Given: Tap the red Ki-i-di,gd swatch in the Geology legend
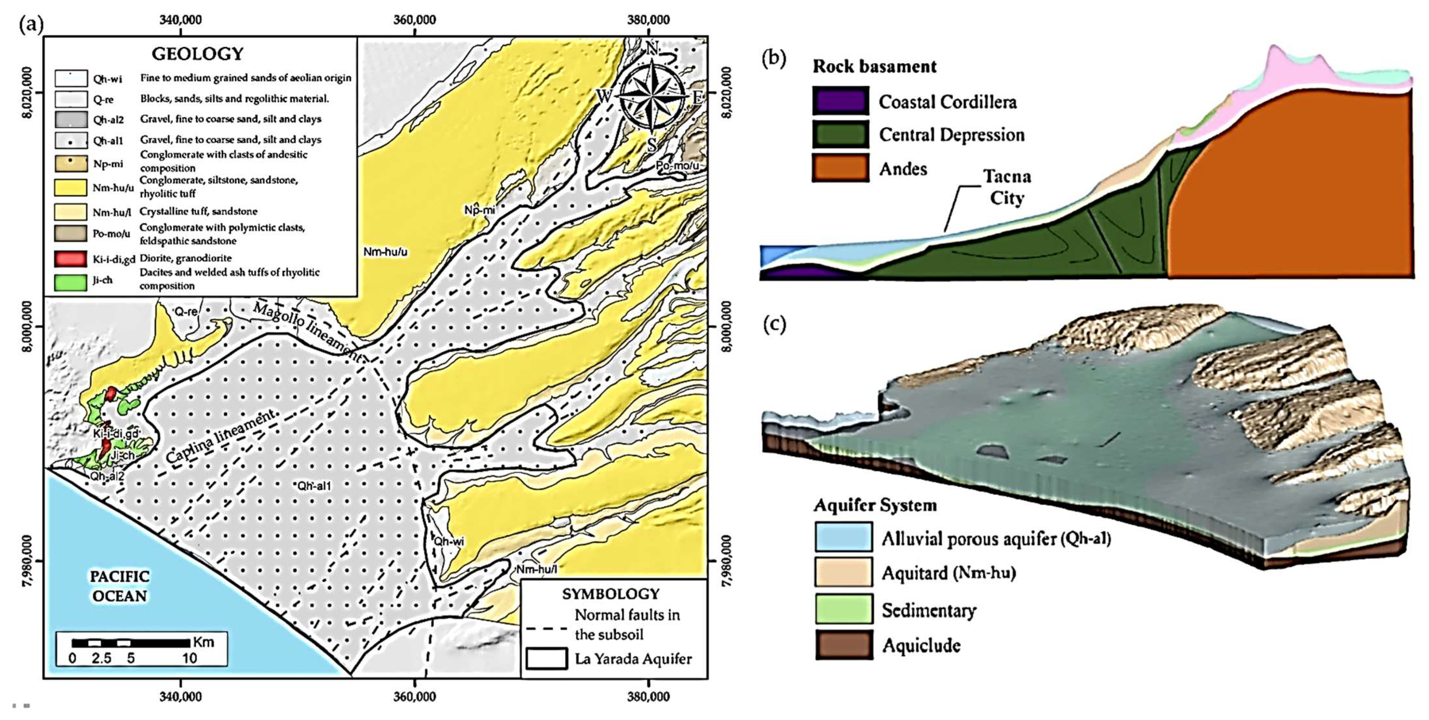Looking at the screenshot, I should click(70, 259).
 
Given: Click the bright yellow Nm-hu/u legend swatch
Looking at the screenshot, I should click(70, 188).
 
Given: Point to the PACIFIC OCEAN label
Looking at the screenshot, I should click(120, 586).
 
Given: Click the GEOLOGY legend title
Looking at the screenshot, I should click(198, 54).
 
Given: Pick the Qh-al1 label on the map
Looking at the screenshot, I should click(314, 486).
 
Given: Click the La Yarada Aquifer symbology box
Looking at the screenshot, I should click(546, 659).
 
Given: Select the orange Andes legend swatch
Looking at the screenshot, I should click(840, 168).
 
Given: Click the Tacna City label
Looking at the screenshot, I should click(1007, 187).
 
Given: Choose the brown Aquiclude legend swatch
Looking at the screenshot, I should click(843, 645).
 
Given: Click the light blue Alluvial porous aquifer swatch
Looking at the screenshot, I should click(843, 537).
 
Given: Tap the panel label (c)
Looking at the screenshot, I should click(774, 324).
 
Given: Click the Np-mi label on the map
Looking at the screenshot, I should click(480, 210).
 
